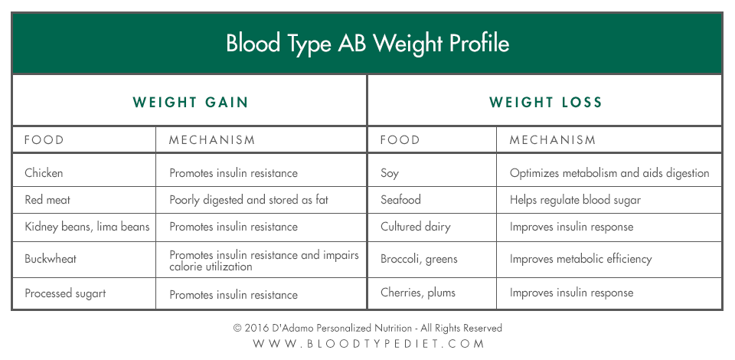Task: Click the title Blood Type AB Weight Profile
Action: point(367,44)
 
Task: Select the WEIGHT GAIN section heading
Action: point(191,102)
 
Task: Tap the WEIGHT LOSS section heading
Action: point(546,102)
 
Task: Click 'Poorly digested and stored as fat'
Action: point(249,200)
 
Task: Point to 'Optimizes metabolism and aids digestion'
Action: point(609,173)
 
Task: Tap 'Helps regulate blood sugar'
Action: point(575,200)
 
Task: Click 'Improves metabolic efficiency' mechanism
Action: point(581,259)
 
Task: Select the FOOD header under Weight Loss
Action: point(400,139)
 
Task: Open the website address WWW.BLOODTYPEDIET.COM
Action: point(368,344)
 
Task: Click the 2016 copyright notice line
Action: point(368,328)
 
